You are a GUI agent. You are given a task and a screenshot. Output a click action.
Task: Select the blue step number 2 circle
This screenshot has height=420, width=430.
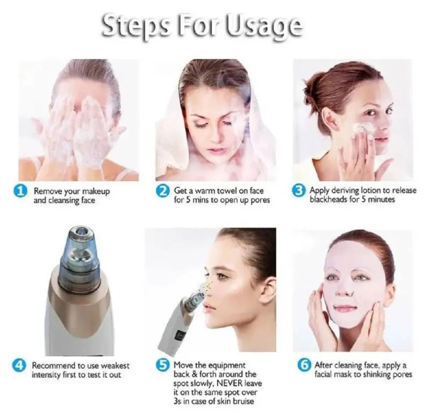click(162, 192)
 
